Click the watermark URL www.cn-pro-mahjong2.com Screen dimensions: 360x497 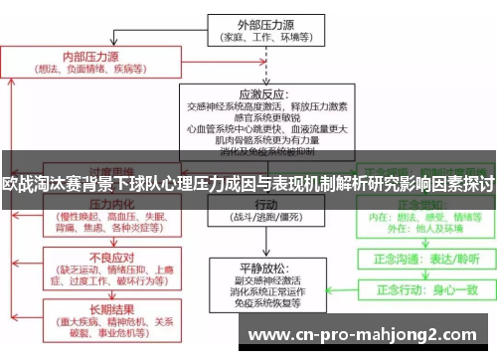(368, 333)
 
